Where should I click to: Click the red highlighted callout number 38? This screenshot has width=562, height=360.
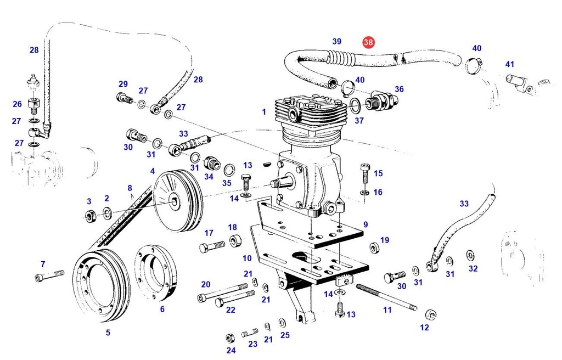tap(368, 42)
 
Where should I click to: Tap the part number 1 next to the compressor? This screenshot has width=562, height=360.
tap(264, 112)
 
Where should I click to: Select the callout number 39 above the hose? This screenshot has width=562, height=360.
tap(337, 41)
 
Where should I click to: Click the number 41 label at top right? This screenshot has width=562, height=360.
tap(510, 64)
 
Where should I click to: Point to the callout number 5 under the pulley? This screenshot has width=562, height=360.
tap(108, 332)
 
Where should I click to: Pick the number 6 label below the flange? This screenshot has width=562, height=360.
tap(162, 309)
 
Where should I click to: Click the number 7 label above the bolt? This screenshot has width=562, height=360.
tap(43, 265)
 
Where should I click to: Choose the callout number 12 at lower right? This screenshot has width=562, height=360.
tap(424, 328)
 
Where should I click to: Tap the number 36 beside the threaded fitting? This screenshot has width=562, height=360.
tap(399, 89)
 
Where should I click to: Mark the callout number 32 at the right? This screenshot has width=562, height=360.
tap(473, 268)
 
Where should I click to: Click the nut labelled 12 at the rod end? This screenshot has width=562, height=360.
tap(431, 314)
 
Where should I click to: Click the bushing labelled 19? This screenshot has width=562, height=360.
tap(374, 248)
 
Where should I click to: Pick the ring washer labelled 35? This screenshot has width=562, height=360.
tap(230, 168)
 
